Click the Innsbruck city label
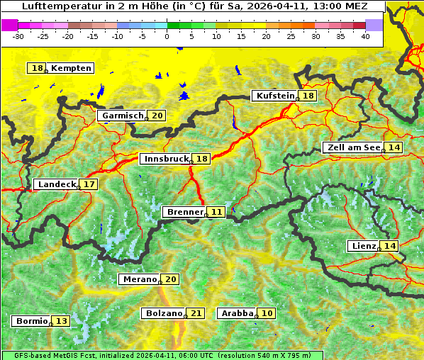point(166,159)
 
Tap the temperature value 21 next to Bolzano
point(196,313)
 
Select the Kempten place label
point(71,68)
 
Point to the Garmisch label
point(123,116)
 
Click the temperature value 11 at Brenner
point(216,212)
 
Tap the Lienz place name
point(364,246)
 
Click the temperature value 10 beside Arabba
point(267,313)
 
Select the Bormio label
point(31,321)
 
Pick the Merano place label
point(138,279)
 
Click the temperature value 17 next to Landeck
point(89,184)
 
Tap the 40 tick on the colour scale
point(365,37)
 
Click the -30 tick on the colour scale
point(19,37)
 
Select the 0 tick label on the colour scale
point(167,37)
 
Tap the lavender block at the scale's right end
point(374,25)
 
